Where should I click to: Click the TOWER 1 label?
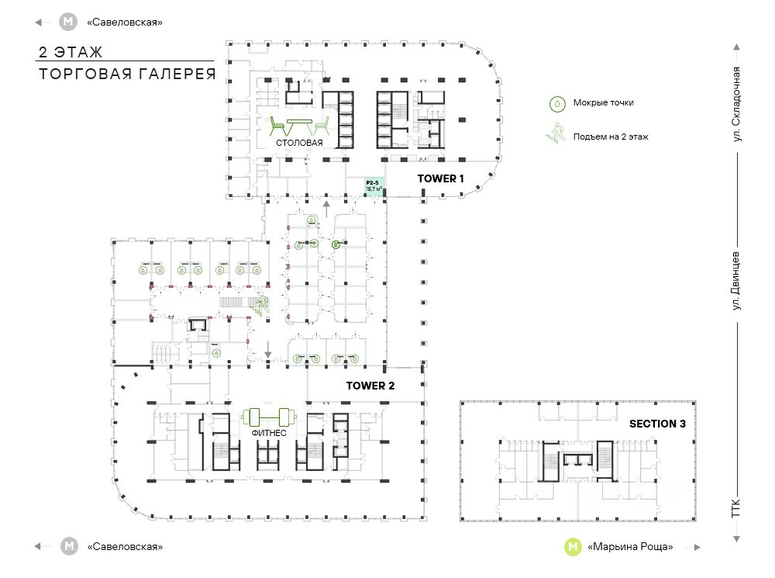pyautogui.click(x=440, y=178)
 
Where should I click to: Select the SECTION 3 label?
pyautogui.click(x=657, y=424)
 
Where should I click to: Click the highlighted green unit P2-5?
pyautogui.click(x=374, y=186)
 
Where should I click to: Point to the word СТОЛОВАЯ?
pyautogui.click(x=298, y=144)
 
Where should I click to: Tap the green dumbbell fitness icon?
pyautogui.click(x=264, y=417)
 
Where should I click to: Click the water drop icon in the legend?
pyautogui.click(x=556, y=102)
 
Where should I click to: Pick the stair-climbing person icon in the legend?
pyautogui.click(x=556, y=136)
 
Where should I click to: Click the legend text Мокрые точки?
pyautogui.click(x=598, y=102)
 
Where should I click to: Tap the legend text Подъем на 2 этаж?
pyautogui.click(x=611, y=137)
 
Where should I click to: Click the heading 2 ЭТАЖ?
pyautogui.click(x=71, y=53)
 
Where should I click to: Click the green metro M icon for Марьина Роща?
pyautogui.click(x=573, y=546)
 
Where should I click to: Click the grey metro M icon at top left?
pyautogui.click(x=69, y=22)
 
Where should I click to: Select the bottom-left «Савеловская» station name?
pyautogui.click(x=125, y=546)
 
